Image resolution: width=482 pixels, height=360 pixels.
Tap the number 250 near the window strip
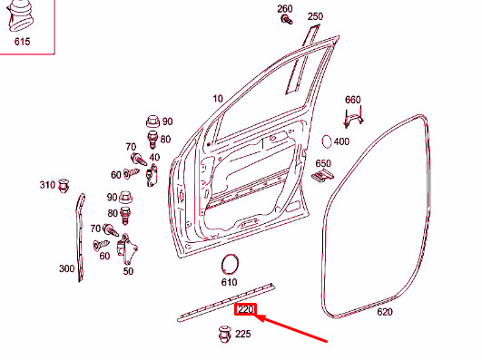[x=315, y=16]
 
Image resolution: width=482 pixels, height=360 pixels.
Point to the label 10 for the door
[x=218, y=98]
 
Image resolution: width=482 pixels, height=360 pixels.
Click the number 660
[x=353, y=99]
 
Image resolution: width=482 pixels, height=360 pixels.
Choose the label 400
[x=341, y=141]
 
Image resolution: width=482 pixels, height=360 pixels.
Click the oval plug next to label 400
[x=326, y=141]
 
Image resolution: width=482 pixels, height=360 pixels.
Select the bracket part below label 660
[x=353, y=117]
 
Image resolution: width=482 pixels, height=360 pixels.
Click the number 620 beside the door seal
[x=385, y=312]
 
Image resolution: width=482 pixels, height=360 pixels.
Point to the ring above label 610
[x=231, y=264]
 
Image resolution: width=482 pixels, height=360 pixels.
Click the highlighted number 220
[x=246, y=311]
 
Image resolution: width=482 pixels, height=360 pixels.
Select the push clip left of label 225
[x=221, y=335]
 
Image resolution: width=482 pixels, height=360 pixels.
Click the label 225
[x=242, y=334]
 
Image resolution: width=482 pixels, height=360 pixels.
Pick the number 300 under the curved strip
[x=67, y=268]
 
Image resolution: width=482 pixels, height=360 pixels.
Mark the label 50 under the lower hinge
[x=128, y=270]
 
